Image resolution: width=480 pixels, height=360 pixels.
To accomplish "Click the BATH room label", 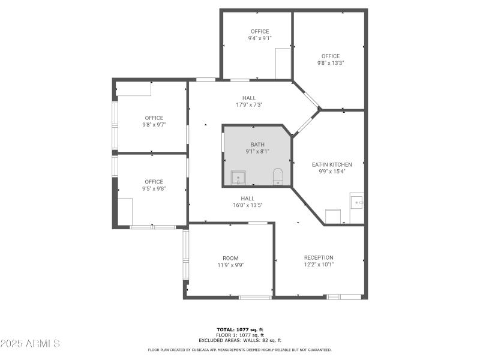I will (257, 145).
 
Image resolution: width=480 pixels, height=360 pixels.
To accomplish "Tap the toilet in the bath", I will (278, 176).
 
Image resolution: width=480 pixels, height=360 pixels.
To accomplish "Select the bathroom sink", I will (238, 178).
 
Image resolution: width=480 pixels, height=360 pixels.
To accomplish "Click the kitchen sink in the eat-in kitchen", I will (357, 201).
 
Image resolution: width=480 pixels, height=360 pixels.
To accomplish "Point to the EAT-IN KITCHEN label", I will (332, 164).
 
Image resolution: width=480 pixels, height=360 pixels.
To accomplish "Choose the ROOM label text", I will (230, 257).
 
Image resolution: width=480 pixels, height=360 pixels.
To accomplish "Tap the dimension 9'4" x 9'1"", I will (260, 38).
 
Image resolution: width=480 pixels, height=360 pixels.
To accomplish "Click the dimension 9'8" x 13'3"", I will (331, 63).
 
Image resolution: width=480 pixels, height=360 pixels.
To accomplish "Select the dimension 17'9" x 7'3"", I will (249, 104).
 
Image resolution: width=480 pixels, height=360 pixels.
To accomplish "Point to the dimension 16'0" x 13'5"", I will (248, 205).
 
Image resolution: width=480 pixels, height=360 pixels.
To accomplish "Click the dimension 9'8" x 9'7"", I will (154, 125).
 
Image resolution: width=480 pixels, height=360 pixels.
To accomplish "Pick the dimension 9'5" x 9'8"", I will (154, 188).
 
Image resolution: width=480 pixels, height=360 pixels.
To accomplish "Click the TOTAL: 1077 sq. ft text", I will (239, 329).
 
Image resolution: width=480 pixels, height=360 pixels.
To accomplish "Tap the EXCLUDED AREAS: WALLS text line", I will (239, 340).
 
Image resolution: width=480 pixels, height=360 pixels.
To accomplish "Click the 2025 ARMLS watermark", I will (30, 344).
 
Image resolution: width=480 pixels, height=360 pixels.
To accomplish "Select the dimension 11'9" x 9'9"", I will (230, 265).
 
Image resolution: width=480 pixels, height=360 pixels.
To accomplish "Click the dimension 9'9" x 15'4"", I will (332, 171).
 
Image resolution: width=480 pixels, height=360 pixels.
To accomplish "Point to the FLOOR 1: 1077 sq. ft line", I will (239, 335).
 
